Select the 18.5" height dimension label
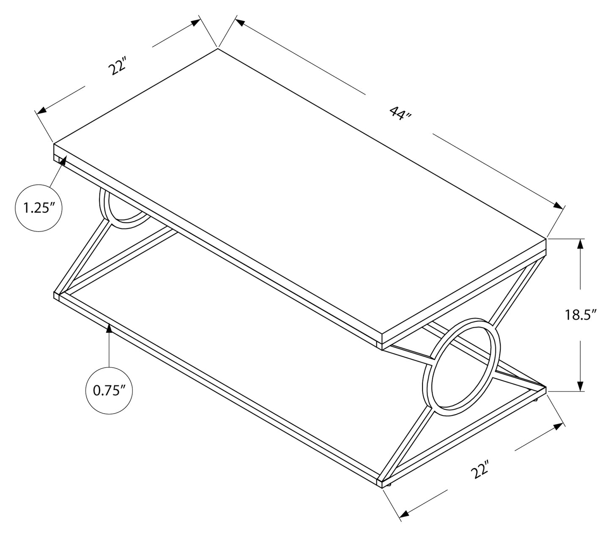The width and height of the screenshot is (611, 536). (x=581, y=315)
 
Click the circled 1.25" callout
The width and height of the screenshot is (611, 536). (x=38, y=208)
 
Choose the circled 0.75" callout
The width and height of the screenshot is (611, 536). (x=109, y=391)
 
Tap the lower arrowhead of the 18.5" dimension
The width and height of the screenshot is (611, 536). (x=580, y=386)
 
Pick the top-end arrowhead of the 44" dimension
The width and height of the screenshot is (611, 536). (x=240, y=22)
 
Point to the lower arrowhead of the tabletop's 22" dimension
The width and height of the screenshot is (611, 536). (x=41, y=110)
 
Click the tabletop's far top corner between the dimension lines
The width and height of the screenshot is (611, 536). (x=218, y=48)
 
